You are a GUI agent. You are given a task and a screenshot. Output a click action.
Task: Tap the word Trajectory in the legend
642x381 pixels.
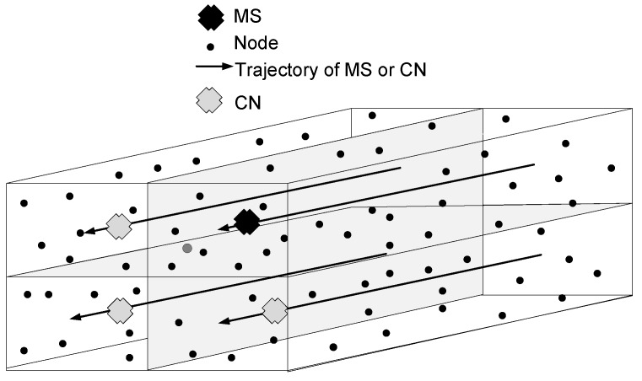pyautogui.click(x=272, y=70)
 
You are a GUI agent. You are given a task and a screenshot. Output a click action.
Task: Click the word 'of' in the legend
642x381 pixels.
pyautogui.click(x=323, y=70)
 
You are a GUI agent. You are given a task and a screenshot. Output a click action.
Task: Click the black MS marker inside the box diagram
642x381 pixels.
pyautogui.click(x=246, y=222)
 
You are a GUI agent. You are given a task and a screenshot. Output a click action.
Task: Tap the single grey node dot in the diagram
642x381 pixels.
pyautogui.click(x=187, y=248)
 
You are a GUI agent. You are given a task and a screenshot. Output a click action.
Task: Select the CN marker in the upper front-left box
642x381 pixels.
pyautogui.click(x=120, y=225)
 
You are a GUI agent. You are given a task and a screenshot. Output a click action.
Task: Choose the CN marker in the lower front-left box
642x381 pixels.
pyautogui.click(x=121, y=311)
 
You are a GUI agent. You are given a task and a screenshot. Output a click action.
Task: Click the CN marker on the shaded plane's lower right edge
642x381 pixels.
pyautogui.click(x=274, y=311)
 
